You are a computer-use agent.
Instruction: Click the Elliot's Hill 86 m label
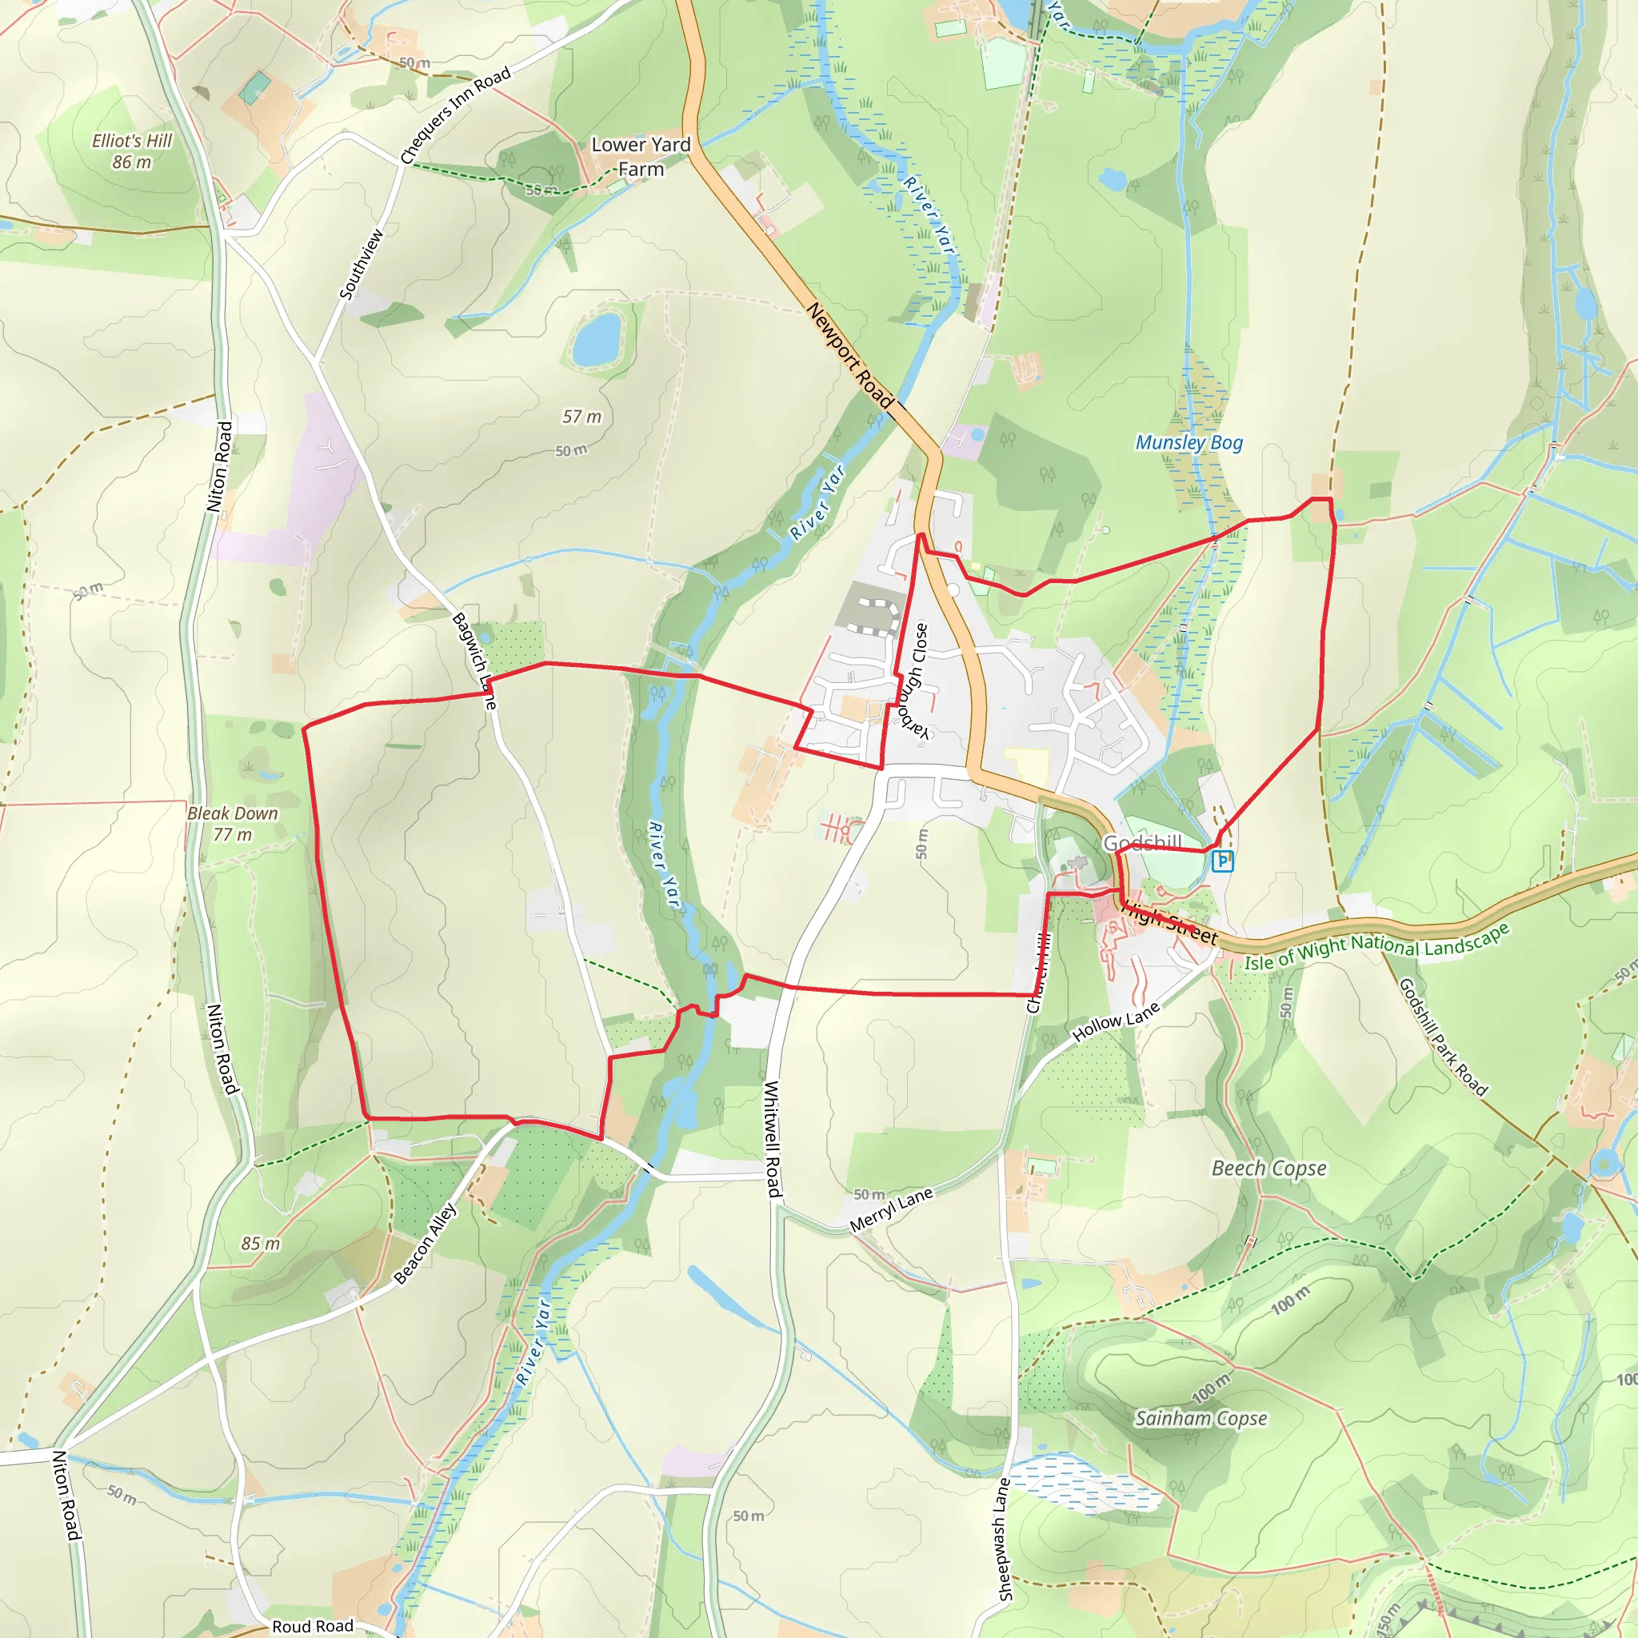(x=131, y=151)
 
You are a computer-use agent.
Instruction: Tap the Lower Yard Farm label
(x=641, y=157)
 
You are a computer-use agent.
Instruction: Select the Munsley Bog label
(x=1189, y=442)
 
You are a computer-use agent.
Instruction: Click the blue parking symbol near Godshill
(x=1222, y=861)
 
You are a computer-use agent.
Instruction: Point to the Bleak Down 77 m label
(x=232, y=823)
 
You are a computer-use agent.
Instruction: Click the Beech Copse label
(x=1268, y=1169)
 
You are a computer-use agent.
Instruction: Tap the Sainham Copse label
(x=1201, y=1418)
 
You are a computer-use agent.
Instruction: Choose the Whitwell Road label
(x=773, y=1139)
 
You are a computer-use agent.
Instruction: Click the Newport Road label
(x=849, y=355)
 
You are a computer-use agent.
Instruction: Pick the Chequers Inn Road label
(x=455, y=115)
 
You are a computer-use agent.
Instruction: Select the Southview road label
(x=362, y=265)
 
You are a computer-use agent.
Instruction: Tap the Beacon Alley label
(x=425, y=1244)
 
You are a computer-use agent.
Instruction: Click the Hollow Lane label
(x=1116, y=1021)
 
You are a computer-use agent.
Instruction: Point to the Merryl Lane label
(x=891, y=1210)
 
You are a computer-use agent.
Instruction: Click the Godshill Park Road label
(x=1442, y=1037)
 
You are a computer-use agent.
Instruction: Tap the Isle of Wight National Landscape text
(x=1376, y=946)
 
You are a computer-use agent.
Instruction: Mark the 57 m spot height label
(x=581, y=416)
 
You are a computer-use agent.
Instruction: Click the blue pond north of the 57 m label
(x=597, y=338)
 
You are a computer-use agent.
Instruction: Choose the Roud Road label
(x=312, y=1625)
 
